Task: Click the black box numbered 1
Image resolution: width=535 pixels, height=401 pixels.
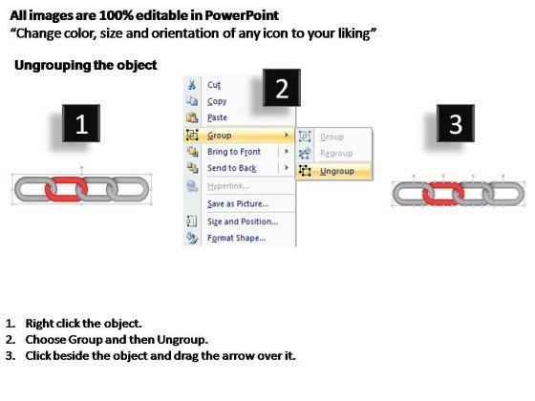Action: [81, 123]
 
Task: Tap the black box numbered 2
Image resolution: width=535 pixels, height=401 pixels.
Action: [282, 88]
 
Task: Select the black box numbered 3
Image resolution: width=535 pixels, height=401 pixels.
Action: [456, 123]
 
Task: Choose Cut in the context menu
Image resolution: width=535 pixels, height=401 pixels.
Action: [214, 85]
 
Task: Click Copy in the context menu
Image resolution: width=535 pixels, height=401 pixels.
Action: [217, 101]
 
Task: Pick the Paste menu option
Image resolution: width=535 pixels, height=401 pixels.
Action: [217, 117]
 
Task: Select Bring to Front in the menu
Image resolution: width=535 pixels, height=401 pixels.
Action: [234, 152]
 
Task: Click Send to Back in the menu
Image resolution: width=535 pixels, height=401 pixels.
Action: [231, 168]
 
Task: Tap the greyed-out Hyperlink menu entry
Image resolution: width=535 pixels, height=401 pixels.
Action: [228, 186]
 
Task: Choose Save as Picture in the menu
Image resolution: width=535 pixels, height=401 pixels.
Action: [238, 204]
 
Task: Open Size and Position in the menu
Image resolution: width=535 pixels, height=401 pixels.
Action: [243, 222]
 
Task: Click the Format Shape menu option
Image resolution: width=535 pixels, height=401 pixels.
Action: [237, 238]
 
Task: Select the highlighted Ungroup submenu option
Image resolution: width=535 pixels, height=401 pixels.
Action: [336, 171]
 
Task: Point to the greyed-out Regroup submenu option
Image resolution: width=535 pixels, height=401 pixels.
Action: [336, 154]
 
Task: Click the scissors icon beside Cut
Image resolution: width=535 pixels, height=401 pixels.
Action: [192, 84]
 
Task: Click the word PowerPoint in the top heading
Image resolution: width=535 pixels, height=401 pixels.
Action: [242, 15]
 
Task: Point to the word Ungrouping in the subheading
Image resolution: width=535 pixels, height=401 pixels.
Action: [53, 66]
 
